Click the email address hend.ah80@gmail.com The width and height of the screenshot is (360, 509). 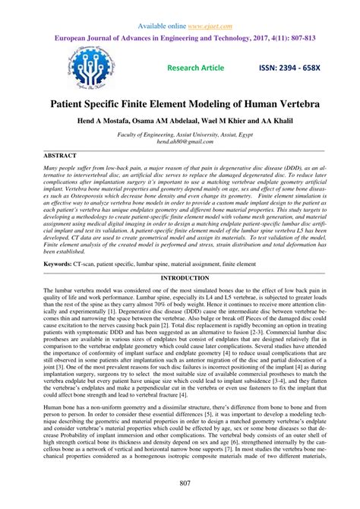(x=180, y=141)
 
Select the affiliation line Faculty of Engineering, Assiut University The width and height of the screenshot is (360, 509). (x=180, y=132)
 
